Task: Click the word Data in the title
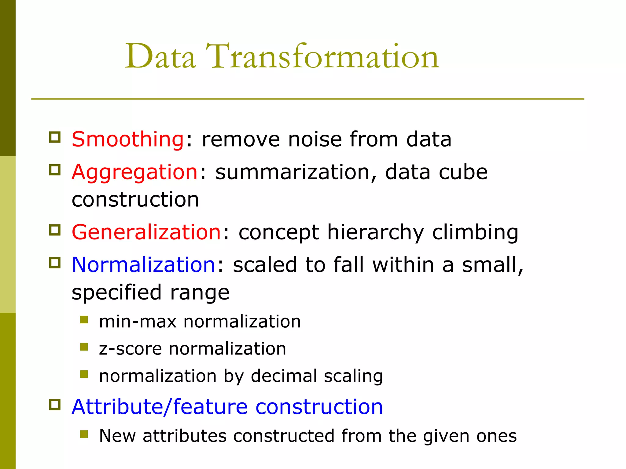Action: pos(160,56)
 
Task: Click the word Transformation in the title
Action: pos(322,56)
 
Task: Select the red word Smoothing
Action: pos(128,139)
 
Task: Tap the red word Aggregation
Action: pos(135,172)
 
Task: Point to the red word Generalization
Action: pos(146,232)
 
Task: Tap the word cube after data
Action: pos(463,172)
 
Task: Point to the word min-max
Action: pos(138,322)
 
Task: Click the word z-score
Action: pos(130,349)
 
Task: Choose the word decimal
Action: pos(284,376)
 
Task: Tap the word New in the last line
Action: pos(117,436)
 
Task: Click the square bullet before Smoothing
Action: pos(55,137)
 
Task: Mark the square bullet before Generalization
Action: pos(55,230)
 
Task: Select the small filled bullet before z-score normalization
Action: pos(84,347)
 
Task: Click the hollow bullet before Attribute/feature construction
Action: pos(55,405)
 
